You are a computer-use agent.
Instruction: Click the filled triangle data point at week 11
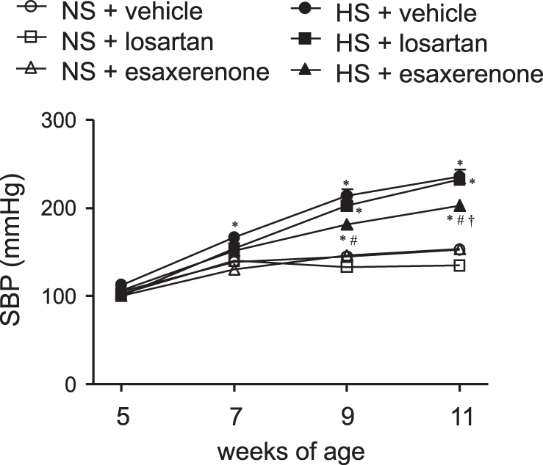[x=459, y=205]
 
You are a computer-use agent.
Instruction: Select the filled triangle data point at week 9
[x=347, y=224]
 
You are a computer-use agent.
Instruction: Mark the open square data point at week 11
[x=459, y=266]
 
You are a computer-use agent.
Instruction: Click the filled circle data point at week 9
[x=347, y=196]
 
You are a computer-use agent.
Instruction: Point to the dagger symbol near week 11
[x=472, y=219]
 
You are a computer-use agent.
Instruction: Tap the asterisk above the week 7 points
[x=234, y=225]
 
